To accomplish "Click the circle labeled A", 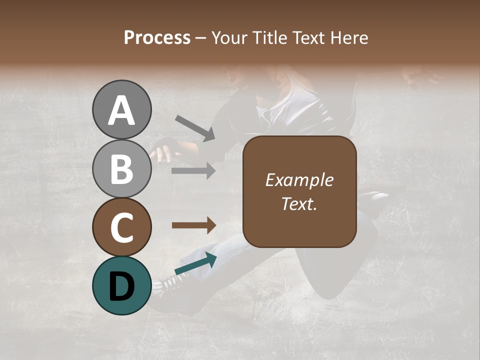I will coord(121,109).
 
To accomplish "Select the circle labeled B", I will coord(121,168).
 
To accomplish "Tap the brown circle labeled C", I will coord(121,227).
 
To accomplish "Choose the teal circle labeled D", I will coord(121,285).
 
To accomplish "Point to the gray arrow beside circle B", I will coord(193,171).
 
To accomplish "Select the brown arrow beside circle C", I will coord(193,225).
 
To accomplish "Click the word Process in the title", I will coord(157,38).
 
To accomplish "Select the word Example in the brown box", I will coord(299,180).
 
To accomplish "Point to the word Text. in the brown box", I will coord(299,203).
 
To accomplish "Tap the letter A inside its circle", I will coord(121,110).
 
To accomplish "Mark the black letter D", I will coord(121,286).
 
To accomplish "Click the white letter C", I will coord(121,228).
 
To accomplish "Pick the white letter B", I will coord(121,169).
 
